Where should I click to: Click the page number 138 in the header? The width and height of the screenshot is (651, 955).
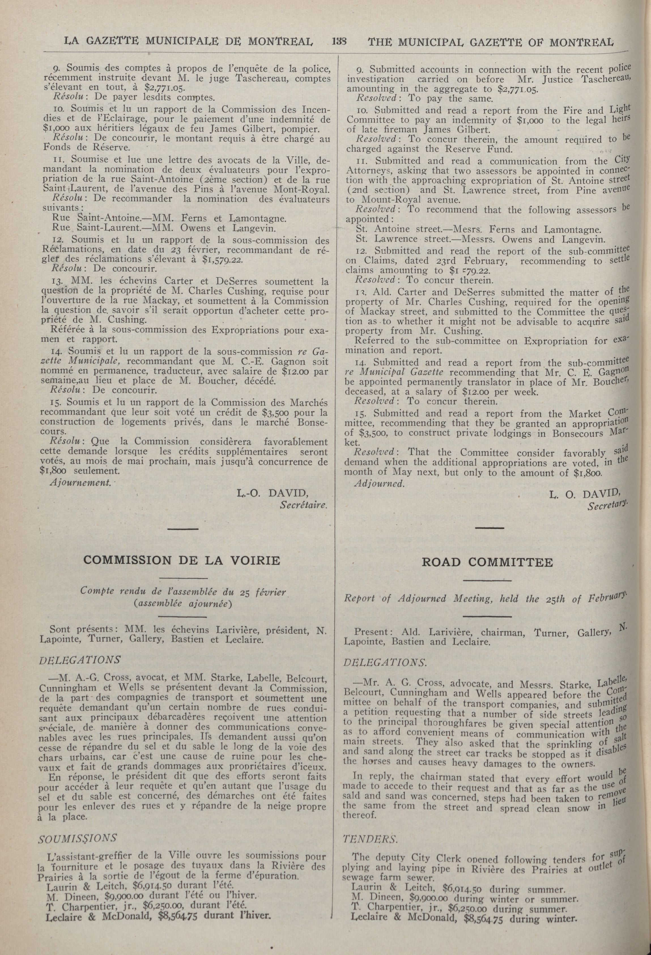(340, 42)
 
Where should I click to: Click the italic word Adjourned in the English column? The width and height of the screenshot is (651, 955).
(379, 483)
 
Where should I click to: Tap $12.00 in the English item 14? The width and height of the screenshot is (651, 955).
(476, 392)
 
